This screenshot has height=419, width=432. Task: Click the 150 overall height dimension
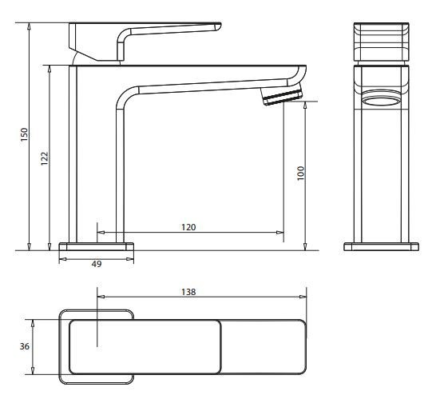point(25,134)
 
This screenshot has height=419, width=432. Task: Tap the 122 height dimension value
point(45,158)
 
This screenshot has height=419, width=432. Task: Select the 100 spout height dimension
point(301,174)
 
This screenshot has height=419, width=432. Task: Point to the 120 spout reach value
point(188,227)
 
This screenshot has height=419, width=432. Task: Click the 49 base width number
point(97,264)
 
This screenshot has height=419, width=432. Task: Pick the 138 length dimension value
point(188,292)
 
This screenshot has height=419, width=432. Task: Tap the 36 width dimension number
point(25,346)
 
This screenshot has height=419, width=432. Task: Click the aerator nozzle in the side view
point(282,95)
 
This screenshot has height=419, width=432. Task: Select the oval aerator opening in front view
point(382,101)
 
